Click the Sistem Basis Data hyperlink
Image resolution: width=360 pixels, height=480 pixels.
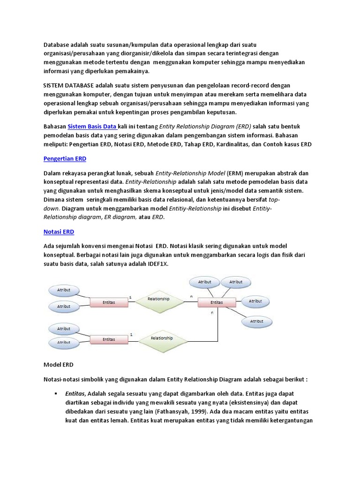[x=92, y=127]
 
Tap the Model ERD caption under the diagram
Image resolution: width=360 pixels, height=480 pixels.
[x=59, y=364]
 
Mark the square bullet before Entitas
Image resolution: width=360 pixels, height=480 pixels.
[x=56, y=393]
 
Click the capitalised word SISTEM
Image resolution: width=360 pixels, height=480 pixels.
[x=55, y=86]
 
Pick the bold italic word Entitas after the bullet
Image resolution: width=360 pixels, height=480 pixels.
[x=75, y=393]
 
